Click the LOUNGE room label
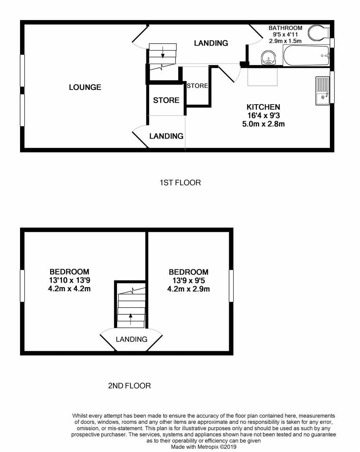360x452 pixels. (85, 87)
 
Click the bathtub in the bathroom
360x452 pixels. (306, 56)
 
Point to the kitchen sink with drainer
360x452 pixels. (322, 91)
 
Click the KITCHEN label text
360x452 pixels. (263, 107)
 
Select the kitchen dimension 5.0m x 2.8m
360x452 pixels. (263, 124)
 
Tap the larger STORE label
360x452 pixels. (166, 100)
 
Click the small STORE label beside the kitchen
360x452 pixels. (197, 86)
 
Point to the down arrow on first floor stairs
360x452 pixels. (162, 54)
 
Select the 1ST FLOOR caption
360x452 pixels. (180, 182)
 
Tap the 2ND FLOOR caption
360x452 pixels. (129, 386)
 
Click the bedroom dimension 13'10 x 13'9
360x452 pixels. (69, 280)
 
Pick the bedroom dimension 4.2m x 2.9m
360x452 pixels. (188, 289)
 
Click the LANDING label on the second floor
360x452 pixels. (131, 339)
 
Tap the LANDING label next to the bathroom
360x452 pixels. (211, 43)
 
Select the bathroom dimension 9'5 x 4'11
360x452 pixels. (285, 34)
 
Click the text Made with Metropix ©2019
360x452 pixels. (204, 447)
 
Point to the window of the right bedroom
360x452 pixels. (231, 285)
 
